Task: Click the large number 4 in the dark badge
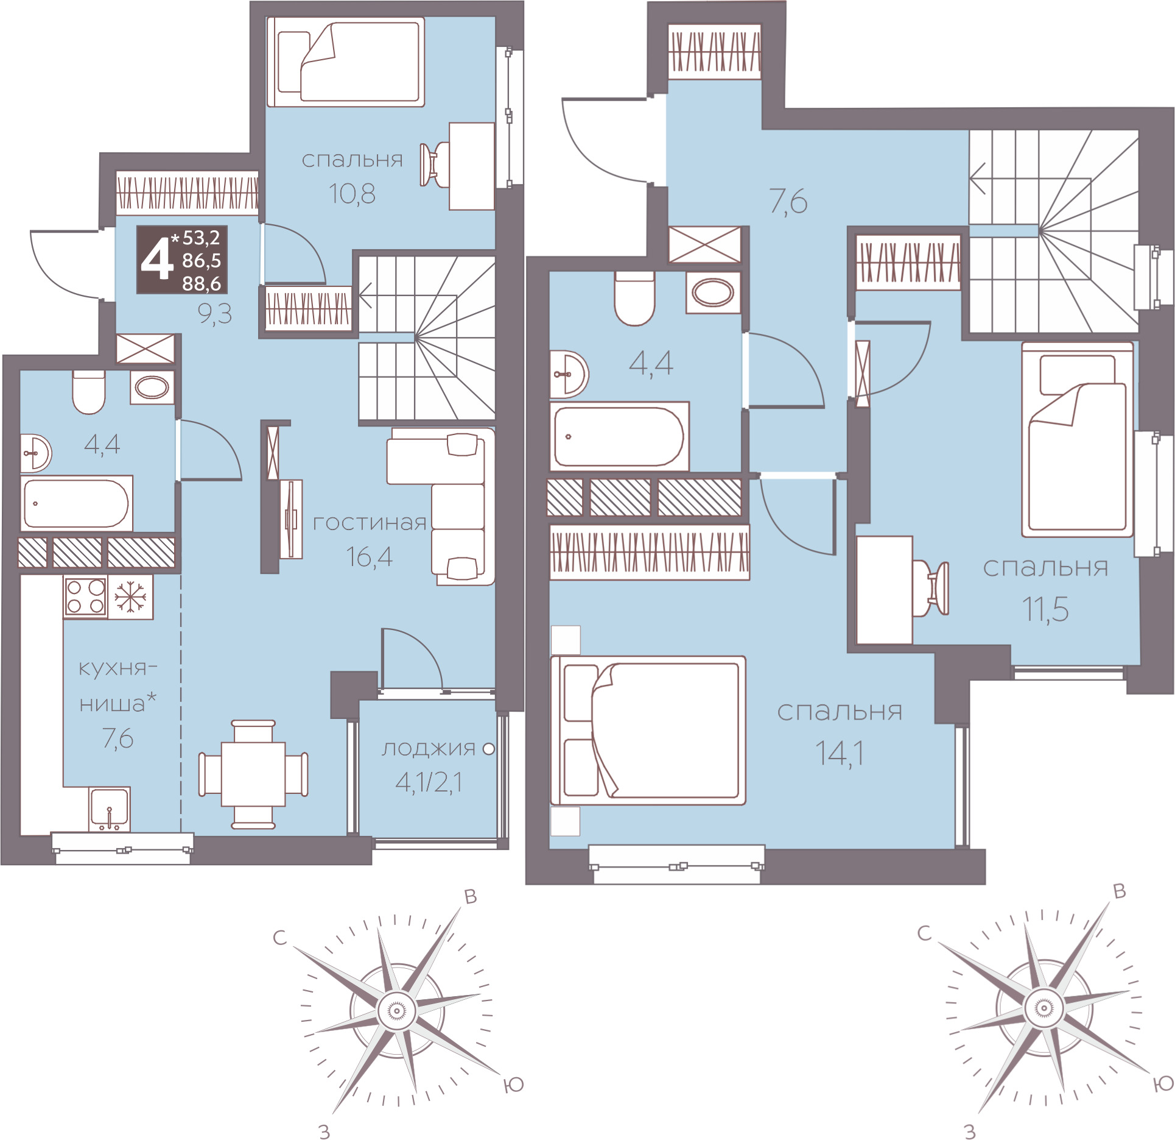pos(157,260)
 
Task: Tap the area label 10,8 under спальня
pos(352,194)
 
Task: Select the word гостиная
pos(370,523)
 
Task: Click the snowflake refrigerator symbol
pos(130,597)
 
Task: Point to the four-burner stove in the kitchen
pos(85,597)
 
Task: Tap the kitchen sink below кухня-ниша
pos(109,809)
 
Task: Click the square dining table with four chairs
pos(253,774)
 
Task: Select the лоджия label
pos(428,749)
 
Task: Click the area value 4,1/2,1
pos(429,782)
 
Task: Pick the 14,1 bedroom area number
pos(840,754)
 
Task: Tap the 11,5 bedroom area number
pos(1045,609)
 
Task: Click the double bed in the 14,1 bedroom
pos(648,731)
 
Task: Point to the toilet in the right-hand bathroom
pos(634,299)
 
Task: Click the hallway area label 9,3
pos(215,314)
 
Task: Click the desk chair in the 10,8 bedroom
pos(435,165)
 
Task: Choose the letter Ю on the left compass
pos(514,1085)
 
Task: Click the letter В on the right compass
pos(1119,891)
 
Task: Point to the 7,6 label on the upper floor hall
pos(788,201)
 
